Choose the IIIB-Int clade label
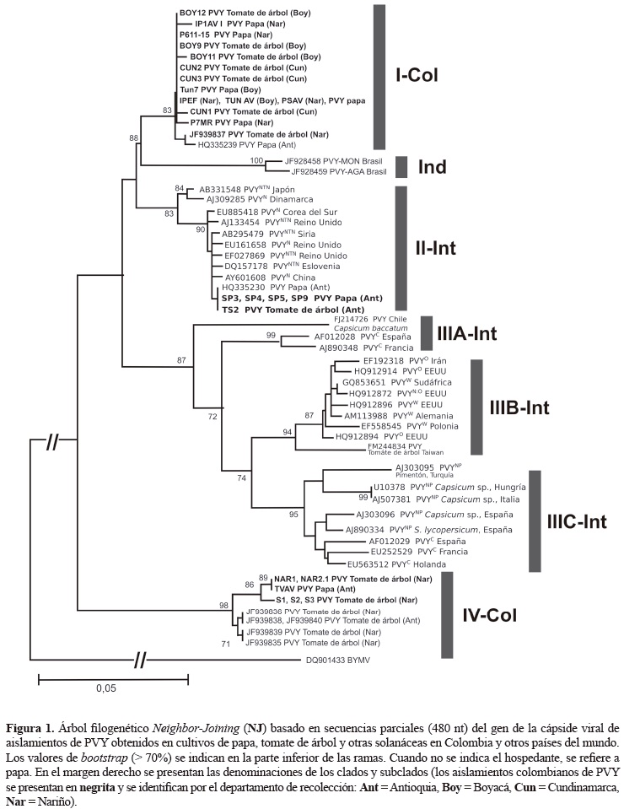[x=519, y=408]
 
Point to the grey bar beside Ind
[x=401, y=167]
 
